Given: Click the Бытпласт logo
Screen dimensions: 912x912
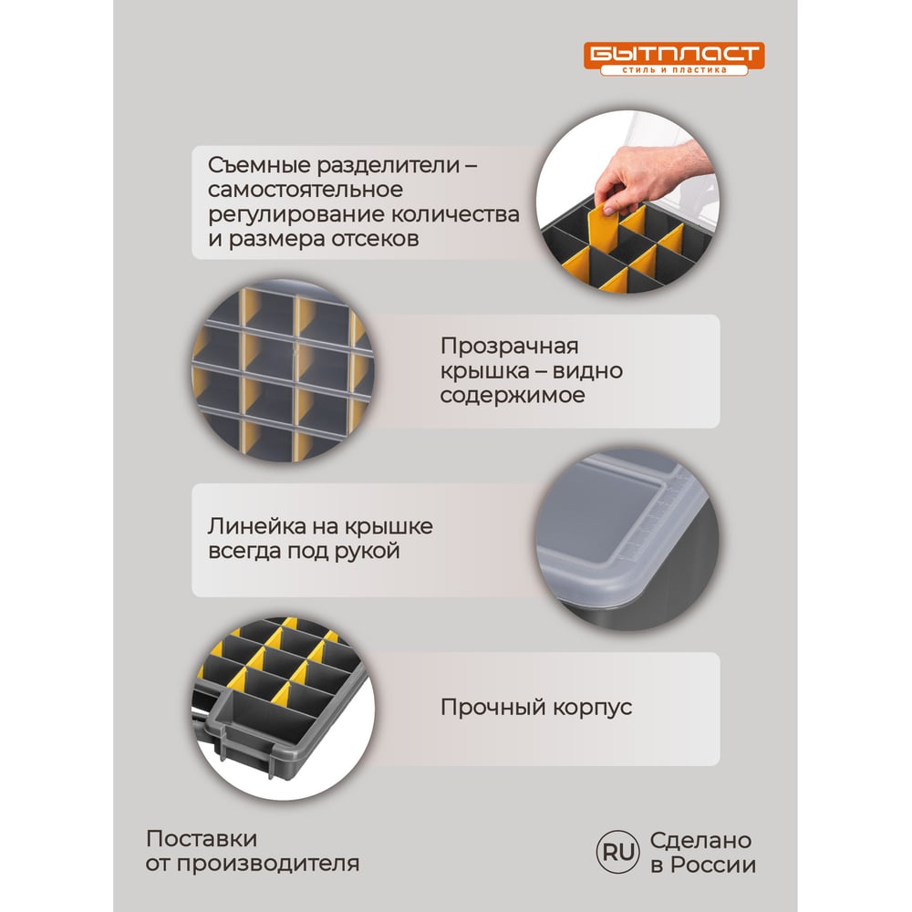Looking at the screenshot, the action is pos(674,58).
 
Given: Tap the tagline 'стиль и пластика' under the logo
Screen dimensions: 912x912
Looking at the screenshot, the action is pos(674,70).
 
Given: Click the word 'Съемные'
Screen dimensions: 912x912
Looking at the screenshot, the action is pos(261,165).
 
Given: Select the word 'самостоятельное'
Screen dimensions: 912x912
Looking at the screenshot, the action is pos(306,190).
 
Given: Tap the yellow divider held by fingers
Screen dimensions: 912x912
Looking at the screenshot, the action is pos(605,230).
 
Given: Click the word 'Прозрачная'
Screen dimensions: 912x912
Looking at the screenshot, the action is pos(510,347).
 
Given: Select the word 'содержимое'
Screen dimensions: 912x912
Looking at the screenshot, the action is pos(513,396).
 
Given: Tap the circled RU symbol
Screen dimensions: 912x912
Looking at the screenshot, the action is pos(617,852).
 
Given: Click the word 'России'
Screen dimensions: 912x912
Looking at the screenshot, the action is pos(713,865).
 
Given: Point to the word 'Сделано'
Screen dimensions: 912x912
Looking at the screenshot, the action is pos(700,841).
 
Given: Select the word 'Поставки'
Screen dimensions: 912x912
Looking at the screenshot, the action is pos(202,839).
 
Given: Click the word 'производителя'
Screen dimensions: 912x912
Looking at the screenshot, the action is pos(268,865).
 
